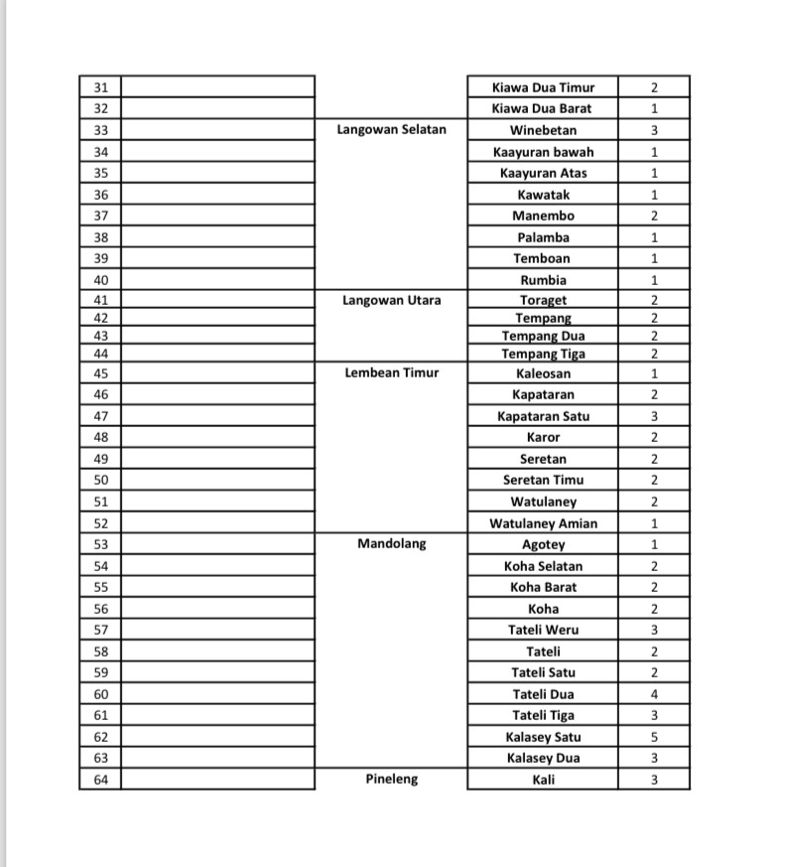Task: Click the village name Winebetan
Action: pyautogui.click(x=543, y=130)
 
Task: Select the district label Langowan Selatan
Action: pyautogui.click(x=391, y=130)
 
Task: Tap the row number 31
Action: pyautogui.click(x=100, y=87)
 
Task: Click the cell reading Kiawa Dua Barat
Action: pyautogui.click(x=542, y=108)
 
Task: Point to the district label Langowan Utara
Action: pyautogui.click(x=391, y=300)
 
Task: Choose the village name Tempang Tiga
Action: pyautogui.click(x=543, y=354)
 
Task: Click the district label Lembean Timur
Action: pyautogui.click(x=391, y=373)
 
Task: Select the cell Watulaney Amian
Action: pyautogui.click(x=543, y=523)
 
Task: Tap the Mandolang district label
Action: pyautogui.click(x=391, y=544)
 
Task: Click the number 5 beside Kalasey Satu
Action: pyautogui.click(x=654, y=737)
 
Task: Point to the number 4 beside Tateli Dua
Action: pyautogui.click(x=654, y=694)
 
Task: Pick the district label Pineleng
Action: pyautogui.click(x=391, y=780)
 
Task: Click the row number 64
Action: pyautogui.click(x=100, y=780)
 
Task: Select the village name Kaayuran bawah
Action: pyautogui.click(x=543, y=152)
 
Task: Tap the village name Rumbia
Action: pyautogui.click(x=543, y=280)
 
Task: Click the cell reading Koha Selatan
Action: pyautogui.click(x=543, y=566)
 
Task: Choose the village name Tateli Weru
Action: pyautogui.click(x=543, y=630)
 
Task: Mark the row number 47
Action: pyautogui.click(x=100, y=416)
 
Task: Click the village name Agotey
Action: pyautogui.click(x=543, y=544)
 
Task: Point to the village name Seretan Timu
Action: pyautogui.click(x=543, y=481)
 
